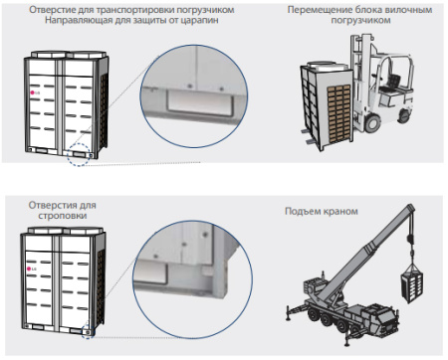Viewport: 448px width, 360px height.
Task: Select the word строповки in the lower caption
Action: click(63, 216)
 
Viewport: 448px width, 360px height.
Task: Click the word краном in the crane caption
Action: click(340, 211)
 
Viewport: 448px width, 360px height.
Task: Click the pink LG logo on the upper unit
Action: click(32, 92)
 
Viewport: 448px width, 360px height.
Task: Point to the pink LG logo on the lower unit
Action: click(29, 269)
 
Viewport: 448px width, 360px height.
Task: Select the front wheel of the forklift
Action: click(372, 122)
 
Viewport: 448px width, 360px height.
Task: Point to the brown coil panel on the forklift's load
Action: click(338, 112)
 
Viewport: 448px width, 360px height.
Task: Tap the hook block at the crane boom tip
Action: click(410, 239)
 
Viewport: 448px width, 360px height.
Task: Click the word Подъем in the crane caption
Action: click(302, 211)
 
